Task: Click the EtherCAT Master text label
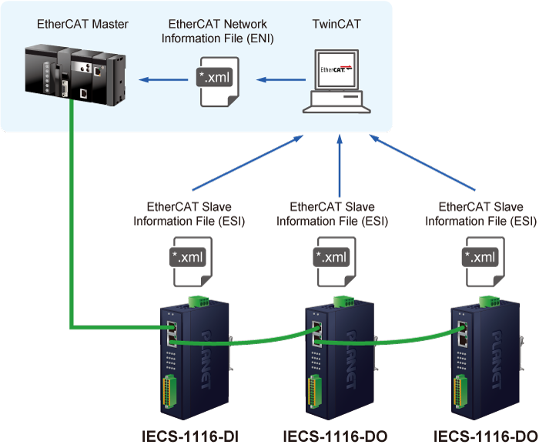82,25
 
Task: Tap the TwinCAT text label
336,25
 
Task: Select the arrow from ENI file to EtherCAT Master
163,79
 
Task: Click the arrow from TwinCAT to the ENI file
281,79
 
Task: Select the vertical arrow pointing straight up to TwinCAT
340,165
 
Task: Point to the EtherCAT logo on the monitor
337,69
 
